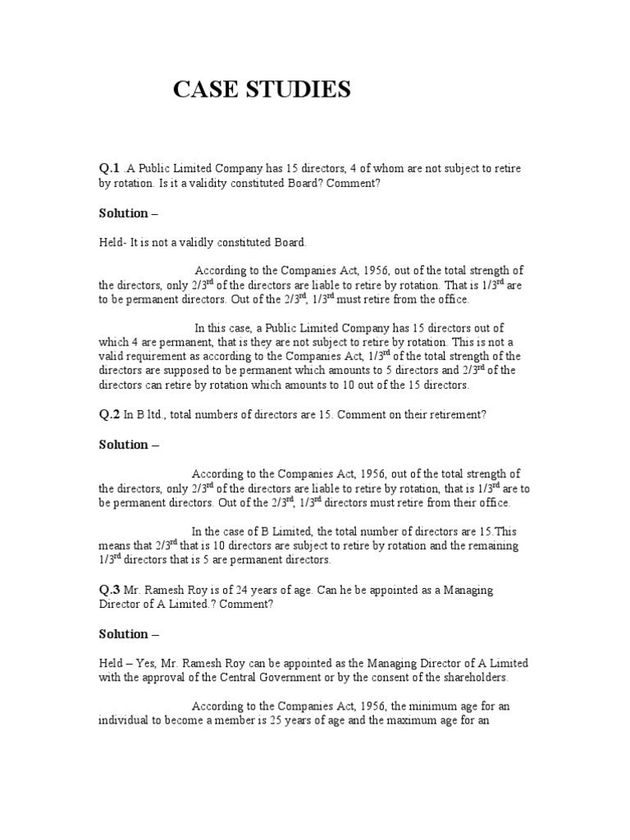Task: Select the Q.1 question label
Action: (109, 168)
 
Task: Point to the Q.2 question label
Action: (109, 415)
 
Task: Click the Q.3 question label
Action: (109, 591)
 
